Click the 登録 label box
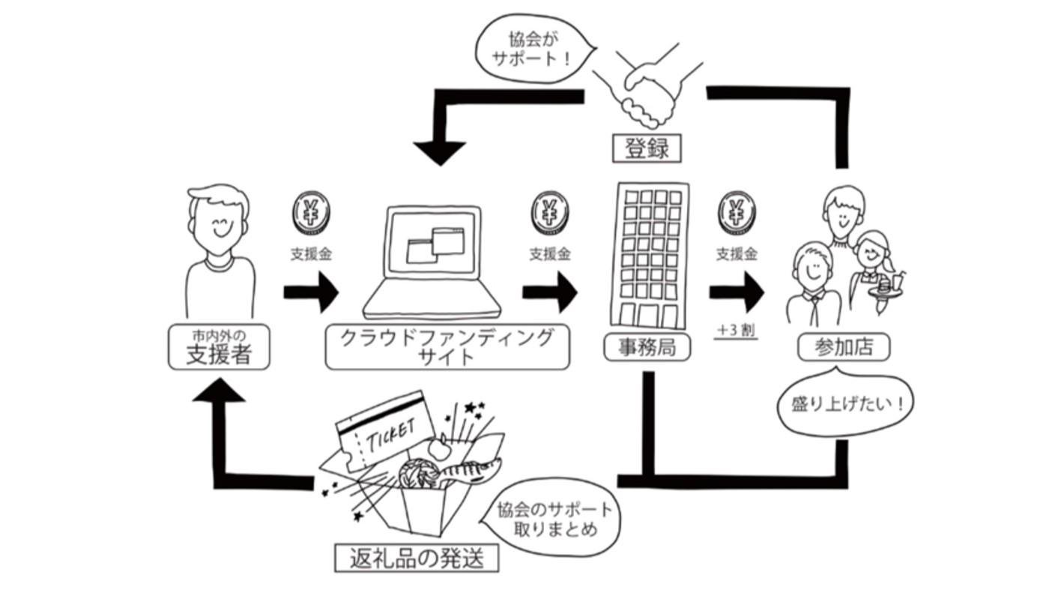[646, 148]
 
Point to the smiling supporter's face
[220, 223]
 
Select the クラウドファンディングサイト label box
[447, 347]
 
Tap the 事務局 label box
[647, 347]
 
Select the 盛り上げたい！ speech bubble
[847, 404]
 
